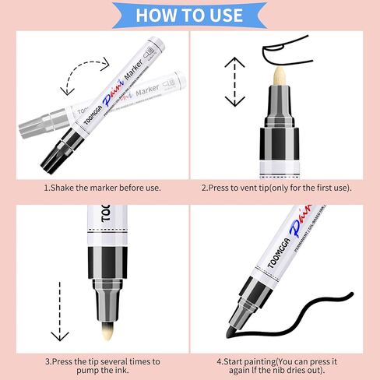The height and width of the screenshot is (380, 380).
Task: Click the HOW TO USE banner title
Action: pos(189,15)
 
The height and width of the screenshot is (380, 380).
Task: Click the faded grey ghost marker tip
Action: pos(31,125)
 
